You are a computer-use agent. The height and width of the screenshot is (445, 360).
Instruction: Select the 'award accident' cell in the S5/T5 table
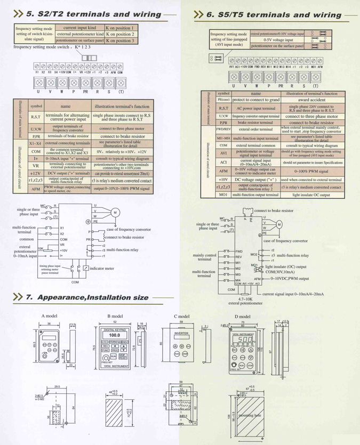coord(311,100)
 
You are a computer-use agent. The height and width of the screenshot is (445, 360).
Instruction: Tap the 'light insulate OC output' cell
coord(311,195)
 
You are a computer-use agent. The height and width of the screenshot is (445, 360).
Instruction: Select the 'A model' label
coord(50,316)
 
